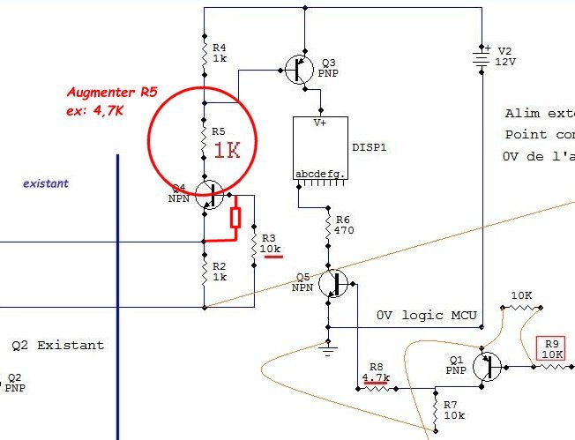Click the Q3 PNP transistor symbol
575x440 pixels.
[x=300, y=68]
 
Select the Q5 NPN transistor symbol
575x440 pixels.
[x=334, y=283]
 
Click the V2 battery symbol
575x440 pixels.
[x=482, y=57]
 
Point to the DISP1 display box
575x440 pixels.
[x=322, y=148]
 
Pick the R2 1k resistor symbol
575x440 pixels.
[x=204, y=272]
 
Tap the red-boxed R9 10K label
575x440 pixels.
[x=552, y=349]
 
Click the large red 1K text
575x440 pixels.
[x=227, y=150]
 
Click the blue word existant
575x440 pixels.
[x=47, y=183]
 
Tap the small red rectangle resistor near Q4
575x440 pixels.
[x=235, y=218]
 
